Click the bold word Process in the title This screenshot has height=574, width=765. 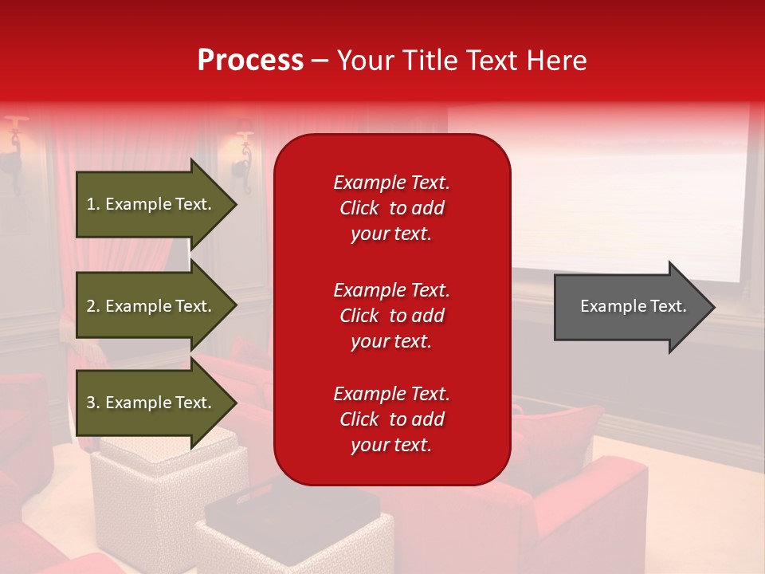tap(250, 61)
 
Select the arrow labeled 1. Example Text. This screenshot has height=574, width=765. tap(151, 204)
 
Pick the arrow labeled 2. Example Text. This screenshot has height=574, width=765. tap(151, 306)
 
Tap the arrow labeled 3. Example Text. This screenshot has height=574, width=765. tap(151, 403)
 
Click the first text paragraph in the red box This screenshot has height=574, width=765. tap(391, 208)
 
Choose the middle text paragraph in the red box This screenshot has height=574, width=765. tap(391, 316)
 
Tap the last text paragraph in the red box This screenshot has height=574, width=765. tap(391, 419)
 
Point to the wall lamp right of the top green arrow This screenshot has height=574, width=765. tap(243, 151)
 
